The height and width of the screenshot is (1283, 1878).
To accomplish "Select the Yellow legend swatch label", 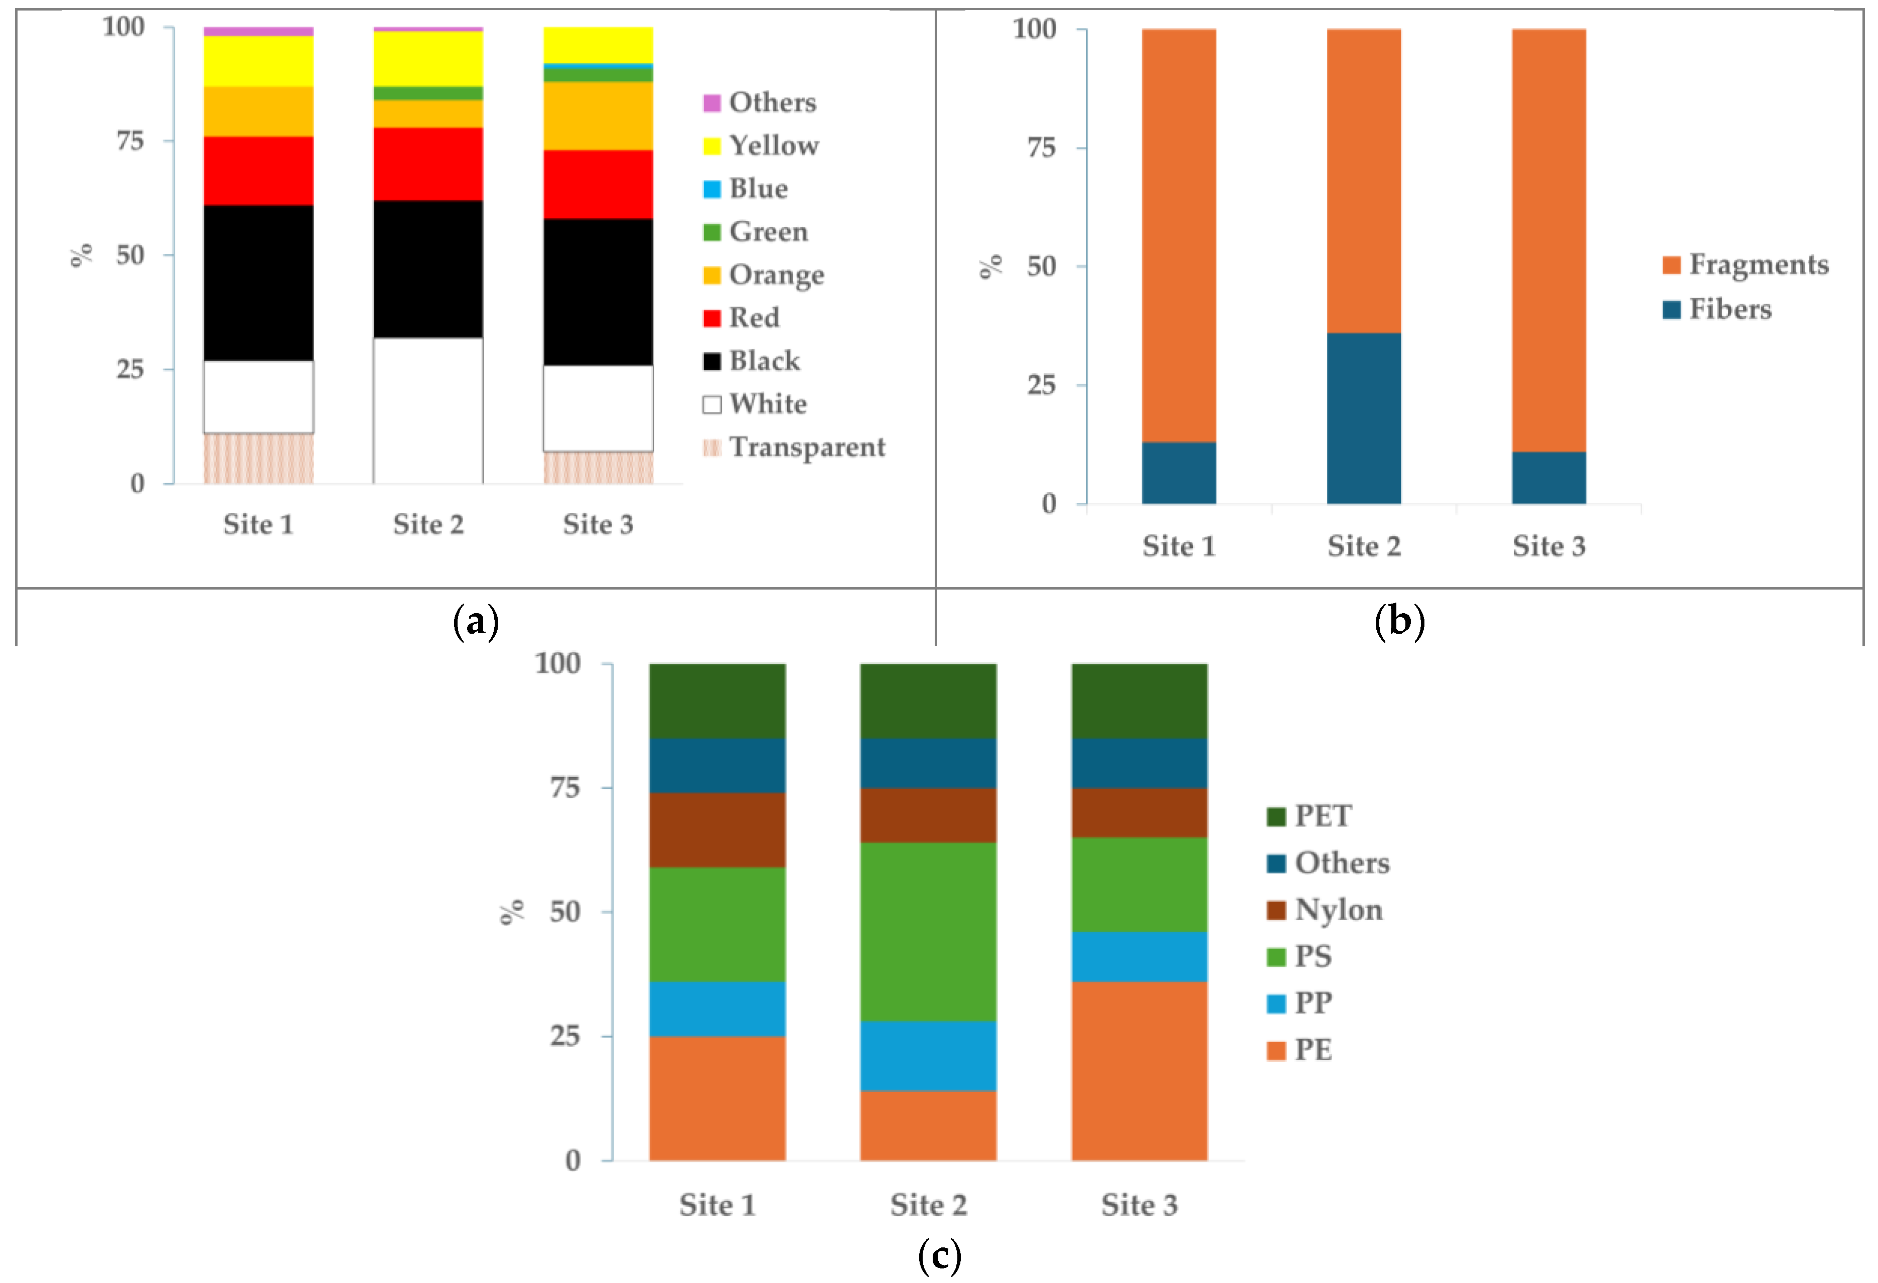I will pyautogui.click(x=773, y=146).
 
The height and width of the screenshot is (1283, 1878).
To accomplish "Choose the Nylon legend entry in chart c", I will pyautogui.click(x=1338, y=910).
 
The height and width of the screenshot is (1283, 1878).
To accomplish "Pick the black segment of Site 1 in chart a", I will pyautogui.click(x=258, y=283).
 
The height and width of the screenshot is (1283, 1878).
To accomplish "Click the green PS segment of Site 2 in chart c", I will pyautogui.click(x=928, y=932).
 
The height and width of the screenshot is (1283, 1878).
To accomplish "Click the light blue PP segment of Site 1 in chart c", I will pyautogui.click(x=717, y=1009).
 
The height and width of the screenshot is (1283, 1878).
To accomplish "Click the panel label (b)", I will pyautogui.click(x=1399, y=621).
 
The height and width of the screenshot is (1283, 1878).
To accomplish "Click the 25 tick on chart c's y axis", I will pyautogui.click(x=565, y=1036).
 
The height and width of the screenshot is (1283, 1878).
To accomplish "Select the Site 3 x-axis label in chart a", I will pyautogui.click(x=598, y=524).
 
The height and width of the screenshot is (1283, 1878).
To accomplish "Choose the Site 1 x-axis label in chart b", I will pyautogui.click(x=1178, y=546).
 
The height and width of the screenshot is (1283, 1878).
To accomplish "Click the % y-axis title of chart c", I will pyautogui.click(x=512, y=911).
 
